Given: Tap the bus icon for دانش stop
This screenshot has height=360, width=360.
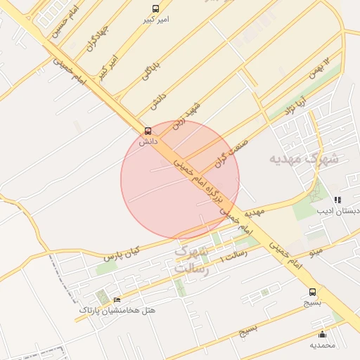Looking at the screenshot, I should pyautogui.click(x=148, y=130).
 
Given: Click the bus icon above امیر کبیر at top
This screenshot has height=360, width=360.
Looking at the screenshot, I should pyautogui.click(x=155, y=8).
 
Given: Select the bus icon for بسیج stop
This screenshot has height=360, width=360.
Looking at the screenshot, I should pyautogui.click(x=312, y=292).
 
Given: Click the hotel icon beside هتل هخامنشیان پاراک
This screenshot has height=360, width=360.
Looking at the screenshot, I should pyautogui.click(x=117, y=300).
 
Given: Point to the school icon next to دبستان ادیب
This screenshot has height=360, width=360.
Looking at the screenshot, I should pyautogui.click(x=338, y=200).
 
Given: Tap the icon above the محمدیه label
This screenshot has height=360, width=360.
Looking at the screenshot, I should pyautogui.click(x=323, y=334).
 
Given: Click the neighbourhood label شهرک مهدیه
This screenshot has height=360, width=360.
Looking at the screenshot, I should pyautogui.click(x=304, y=159).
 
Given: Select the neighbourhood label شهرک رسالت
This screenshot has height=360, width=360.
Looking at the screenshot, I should pyautogui.click(x=192, y=259).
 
